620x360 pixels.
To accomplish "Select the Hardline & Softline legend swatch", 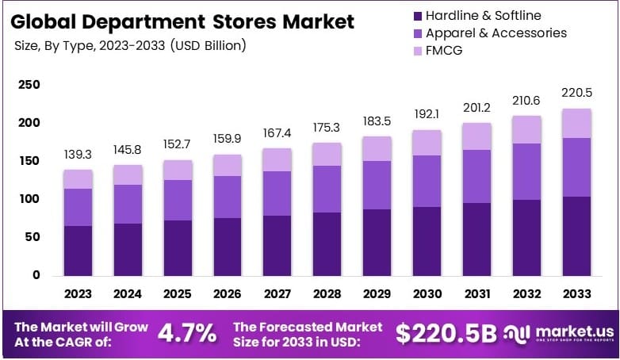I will pyautogui.click(x=417, y=16).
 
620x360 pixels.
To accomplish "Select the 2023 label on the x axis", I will pyautogui.click(x=78, y=293).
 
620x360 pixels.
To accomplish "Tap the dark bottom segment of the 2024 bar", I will pyautogui.click(x=128, y=249).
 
